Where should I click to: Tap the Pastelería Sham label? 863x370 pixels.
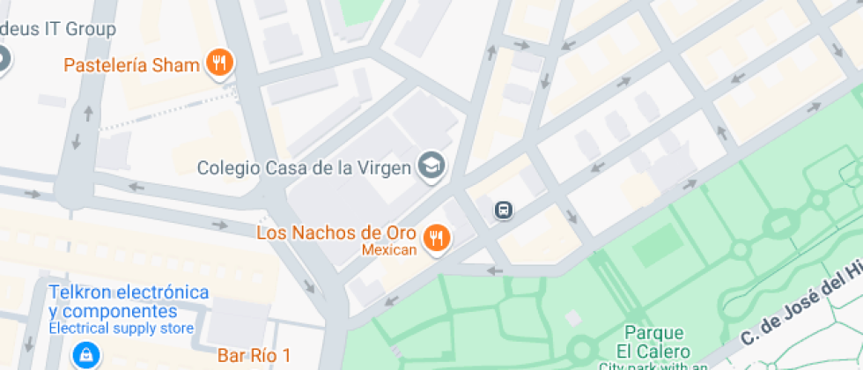(x=132, y=65)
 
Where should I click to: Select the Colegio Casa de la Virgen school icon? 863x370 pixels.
(x=431, y=165)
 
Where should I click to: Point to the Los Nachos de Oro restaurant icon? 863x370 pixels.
(x=437, y=237)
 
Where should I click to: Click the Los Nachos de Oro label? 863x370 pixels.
(x=341, y=233)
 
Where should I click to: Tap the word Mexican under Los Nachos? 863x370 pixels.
(x=389, y=250)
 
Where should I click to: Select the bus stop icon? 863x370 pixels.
(x=503, y=210)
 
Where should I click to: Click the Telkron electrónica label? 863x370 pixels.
(x=129, y=292)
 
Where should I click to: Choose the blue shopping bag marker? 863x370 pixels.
(x=85, y=355)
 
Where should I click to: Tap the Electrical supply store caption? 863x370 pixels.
(x=121, y=329)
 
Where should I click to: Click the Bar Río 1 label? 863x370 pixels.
(x=254, y=356)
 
